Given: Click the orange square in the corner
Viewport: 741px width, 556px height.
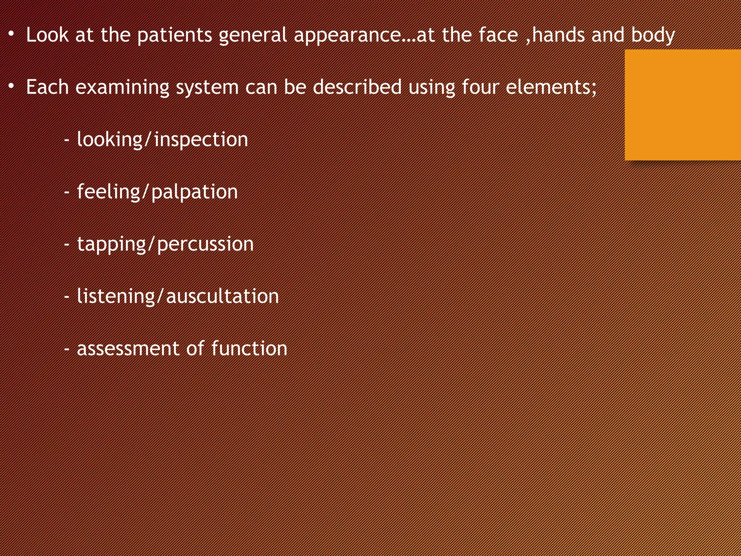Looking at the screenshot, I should coord(682,105).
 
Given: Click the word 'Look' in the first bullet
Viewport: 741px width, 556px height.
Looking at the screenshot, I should coord(47,35).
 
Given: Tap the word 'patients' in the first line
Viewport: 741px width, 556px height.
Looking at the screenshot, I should coord(174,35).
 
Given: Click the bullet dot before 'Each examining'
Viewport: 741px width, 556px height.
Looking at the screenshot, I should coord(12,86).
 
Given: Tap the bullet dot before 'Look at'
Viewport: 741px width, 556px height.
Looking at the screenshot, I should coord(12,34).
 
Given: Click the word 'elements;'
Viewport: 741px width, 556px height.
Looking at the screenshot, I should coord(551,87).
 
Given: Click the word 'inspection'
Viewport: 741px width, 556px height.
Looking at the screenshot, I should coord(201,140).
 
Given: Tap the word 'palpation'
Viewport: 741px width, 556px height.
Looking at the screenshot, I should coord(194,192).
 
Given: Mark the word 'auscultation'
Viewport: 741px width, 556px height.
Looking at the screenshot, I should coord(222,296).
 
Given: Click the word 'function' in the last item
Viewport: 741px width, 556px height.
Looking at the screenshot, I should coord(249,348).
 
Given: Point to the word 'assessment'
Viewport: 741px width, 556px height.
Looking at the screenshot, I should coord(128,349).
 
